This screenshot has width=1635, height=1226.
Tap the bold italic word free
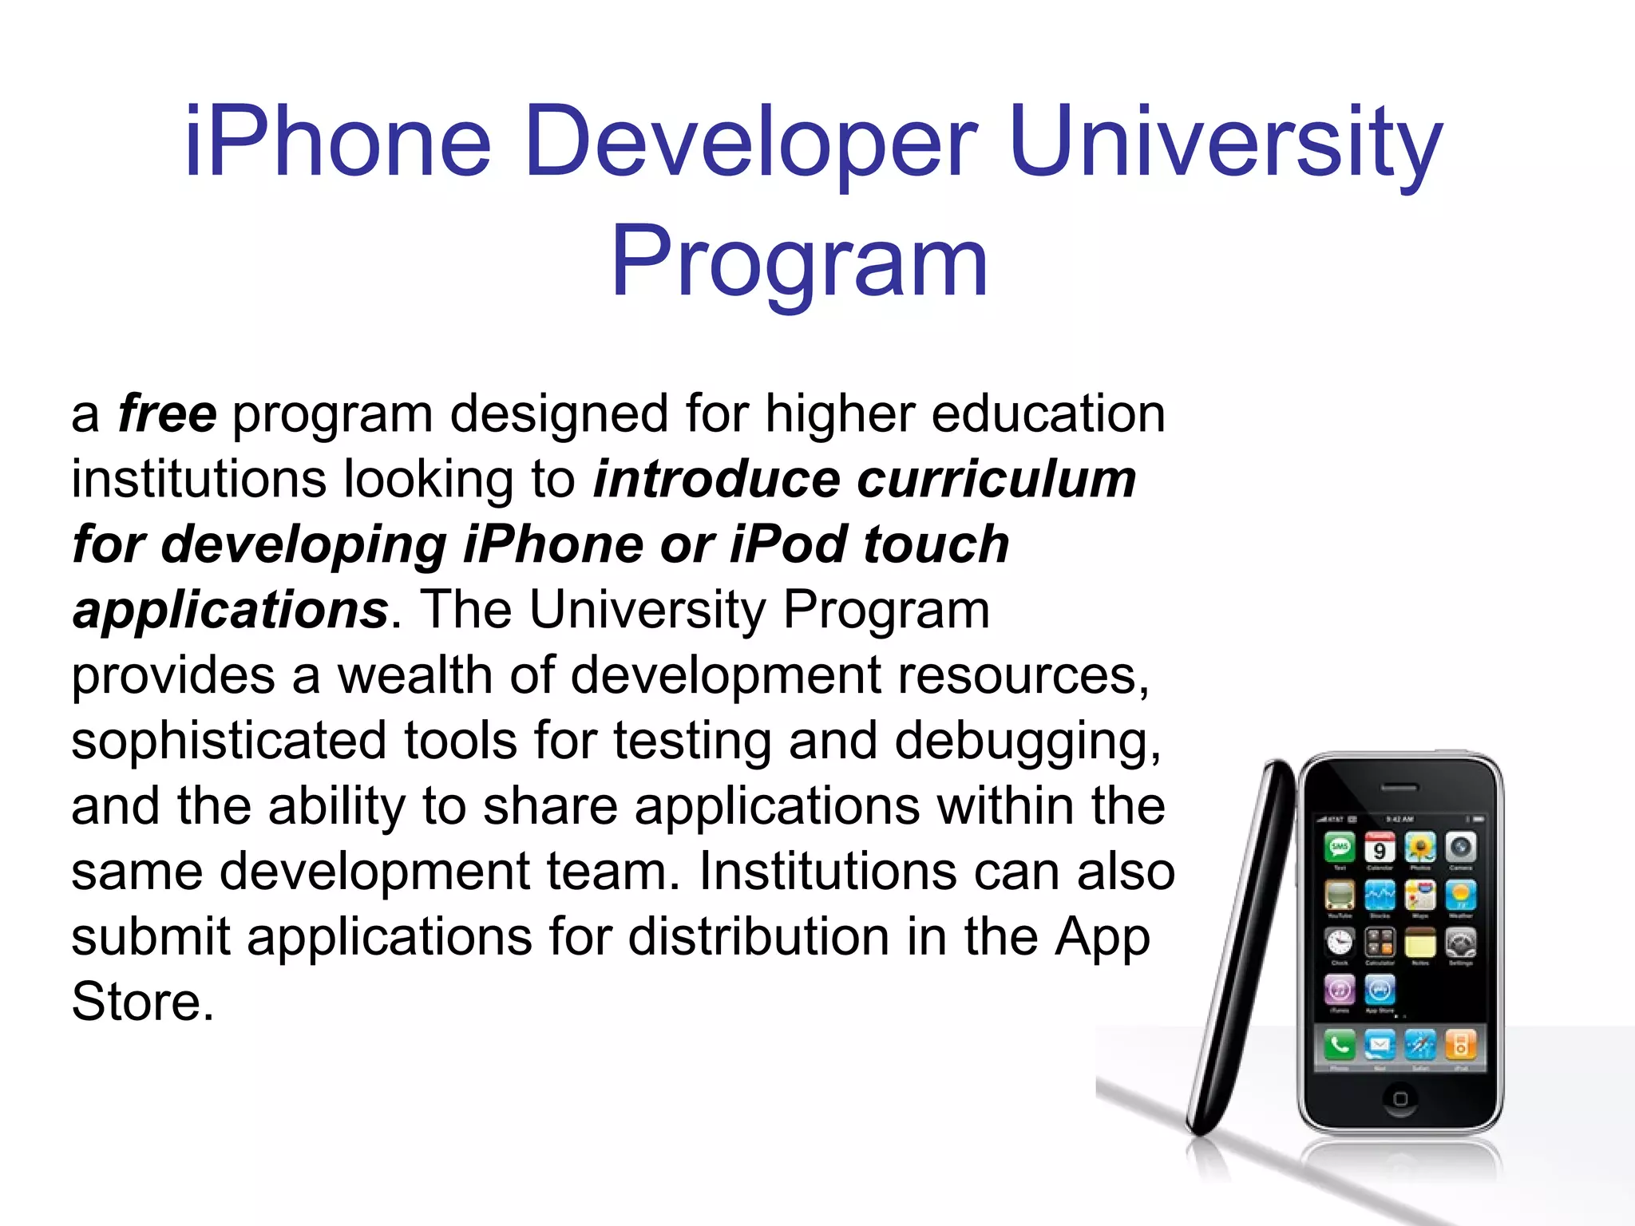click(167, 414)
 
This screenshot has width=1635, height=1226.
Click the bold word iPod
click(789, 545)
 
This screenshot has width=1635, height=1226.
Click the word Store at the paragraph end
click(142, 1003)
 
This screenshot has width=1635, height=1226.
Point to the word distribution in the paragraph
click(758, 937)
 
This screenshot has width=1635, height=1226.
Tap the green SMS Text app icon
click(1340, 847)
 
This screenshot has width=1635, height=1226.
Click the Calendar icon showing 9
click(1380, 847)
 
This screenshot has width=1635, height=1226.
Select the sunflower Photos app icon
click(1420, 847)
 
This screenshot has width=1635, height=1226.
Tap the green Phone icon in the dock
click(1340, 1044)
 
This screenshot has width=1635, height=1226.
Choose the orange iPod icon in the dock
click(1461, 1044)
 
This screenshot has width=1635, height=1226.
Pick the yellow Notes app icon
click(1420, 943)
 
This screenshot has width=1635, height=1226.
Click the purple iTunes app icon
click(1340, 991)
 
